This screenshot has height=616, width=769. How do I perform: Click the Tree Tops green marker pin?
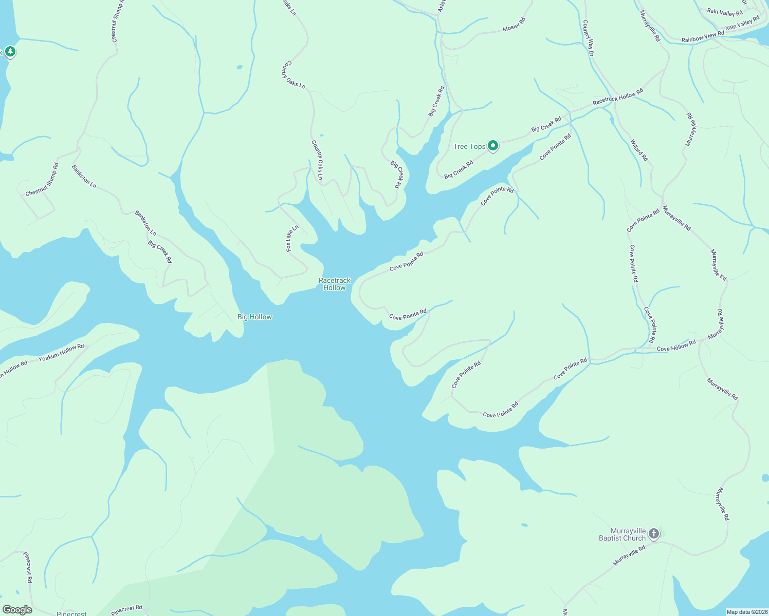click(493, 146)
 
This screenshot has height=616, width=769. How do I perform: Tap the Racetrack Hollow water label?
click(335, 284)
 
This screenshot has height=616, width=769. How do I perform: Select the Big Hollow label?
click(254, 317)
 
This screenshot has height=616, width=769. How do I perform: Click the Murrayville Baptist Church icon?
click(653, 534)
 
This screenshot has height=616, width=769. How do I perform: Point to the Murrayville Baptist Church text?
click(622, 535)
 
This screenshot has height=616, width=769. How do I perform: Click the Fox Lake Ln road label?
click(292, 238)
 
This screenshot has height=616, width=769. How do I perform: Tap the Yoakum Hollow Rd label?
click(61, 353)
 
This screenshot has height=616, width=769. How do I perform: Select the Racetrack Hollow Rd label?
click(617, 97)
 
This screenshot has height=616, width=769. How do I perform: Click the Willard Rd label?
click(639, 150)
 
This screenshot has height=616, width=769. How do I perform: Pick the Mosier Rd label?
click(514, 25)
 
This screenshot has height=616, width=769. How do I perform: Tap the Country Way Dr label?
click(588, 38)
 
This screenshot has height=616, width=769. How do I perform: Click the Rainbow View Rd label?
click(703, 36)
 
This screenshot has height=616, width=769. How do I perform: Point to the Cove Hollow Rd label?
click(676, 345)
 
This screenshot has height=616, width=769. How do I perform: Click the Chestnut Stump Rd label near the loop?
click(42, 180)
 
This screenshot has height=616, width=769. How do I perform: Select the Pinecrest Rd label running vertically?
click(28, 567)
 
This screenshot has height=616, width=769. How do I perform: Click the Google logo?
click(17, 610)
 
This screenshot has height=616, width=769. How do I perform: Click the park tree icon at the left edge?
click(10, 52)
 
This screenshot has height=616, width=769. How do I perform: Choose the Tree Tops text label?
click(469, 146)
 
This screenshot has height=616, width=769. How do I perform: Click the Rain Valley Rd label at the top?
click(725, 13)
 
